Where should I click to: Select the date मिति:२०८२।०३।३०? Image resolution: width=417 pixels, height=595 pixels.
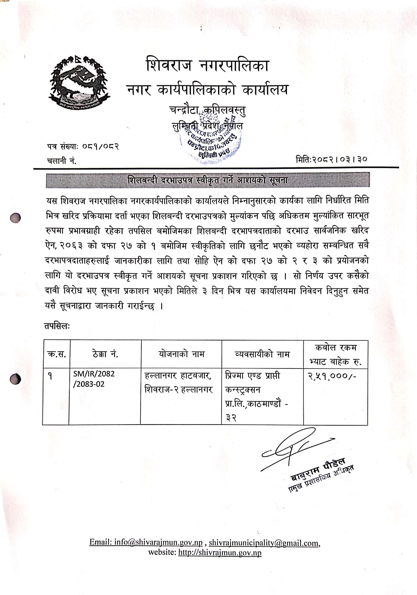pyautogui.click(x=332, y=159)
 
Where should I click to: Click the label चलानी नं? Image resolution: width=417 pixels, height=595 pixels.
pyautogui.click(x=62, y=161)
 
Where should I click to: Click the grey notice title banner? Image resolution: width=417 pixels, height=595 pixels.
pyautogui.click(x=207, y=180)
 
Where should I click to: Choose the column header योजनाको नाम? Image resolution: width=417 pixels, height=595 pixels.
pyautogui.click(x=181, y=354)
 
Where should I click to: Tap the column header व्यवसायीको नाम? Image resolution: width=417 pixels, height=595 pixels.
pyautogui.click(x=262, y=354)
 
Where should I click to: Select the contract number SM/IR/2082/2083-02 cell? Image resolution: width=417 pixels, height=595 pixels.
pyautogui.click(x=94, y=379)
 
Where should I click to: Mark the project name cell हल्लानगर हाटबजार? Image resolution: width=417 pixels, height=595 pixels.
pyautogui.click(x=178, y=382)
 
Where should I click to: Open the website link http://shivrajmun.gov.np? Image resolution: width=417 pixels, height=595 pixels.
pyautogui.click(x=220, y=552)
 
